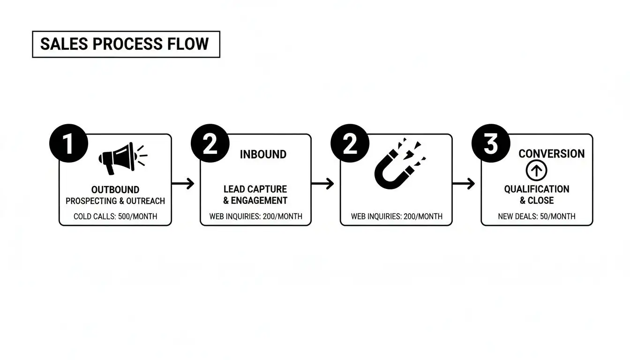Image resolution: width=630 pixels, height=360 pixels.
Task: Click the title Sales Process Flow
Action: tap(125, 44)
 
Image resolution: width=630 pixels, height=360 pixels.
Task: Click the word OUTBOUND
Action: tap(115, 190)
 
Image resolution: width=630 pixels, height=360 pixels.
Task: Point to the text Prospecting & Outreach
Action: tap(115, 201)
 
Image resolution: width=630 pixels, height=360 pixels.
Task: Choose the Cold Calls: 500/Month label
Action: tap(115, 217)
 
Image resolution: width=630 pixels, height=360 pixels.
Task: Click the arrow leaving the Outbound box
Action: tap(183, 183)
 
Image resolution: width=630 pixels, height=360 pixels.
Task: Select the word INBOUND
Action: tap(263, 155)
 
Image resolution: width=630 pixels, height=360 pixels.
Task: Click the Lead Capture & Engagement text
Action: tap(255, 195)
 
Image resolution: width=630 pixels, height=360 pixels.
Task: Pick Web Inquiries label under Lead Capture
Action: tap(255, 217)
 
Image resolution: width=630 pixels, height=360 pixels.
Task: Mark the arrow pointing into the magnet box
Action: tap(323, 183)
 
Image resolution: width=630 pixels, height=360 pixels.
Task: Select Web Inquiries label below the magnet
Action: tap(397, 217)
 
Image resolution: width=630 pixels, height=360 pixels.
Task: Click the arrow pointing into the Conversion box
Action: tap(464, 183)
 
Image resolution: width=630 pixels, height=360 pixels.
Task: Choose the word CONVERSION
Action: tap(552, 154)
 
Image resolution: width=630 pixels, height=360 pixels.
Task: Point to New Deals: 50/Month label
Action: tap(537, 217)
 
